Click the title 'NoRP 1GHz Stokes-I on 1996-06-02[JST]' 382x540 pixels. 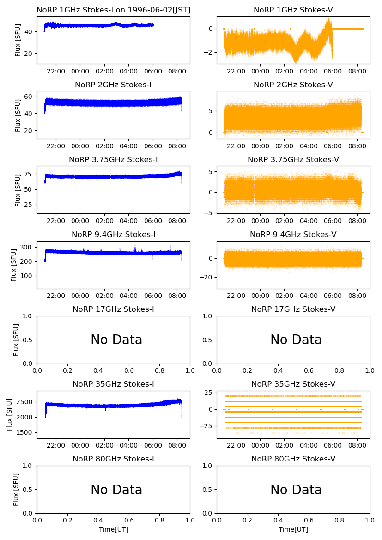[113, 10]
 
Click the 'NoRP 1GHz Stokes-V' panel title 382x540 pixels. [293, 10]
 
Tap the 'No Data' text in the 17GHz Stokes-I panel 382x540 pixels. [116, 340]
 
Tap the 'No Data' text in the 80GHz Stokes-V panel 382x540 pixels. [296, 490]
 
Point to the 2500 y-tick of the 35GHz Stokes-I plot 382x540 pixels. [26, 402]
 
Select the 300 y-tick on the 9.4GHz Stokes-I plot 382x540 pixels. [28, 247]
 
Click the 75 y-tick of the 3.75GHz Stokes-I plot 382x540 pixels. [30, 174]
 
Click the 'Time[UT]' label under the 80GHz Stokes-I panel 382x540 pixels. [113, 529]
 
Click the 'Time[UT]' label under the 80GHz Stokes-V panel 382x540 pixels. [293, 529]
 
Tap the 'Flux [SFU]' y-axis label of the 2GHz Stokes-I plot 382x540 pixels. [18, 115]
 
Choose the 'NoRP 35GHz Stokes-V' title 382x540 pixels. [293, 384]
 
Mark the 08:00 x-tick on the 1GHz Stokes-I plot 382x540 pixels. [177, 71]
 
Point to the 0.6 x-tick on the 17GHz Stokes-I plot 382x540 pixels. [129, 370]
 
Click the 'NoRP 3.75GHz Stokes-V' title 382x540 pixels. [293, 159]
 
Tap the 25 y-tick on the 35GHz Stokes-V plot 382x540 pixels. [208, 393]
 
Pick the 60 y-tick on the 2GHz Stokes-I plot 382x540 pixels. [30, 96]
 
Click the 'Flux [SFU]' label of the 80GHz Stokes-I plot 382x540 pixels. [16, 490]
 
